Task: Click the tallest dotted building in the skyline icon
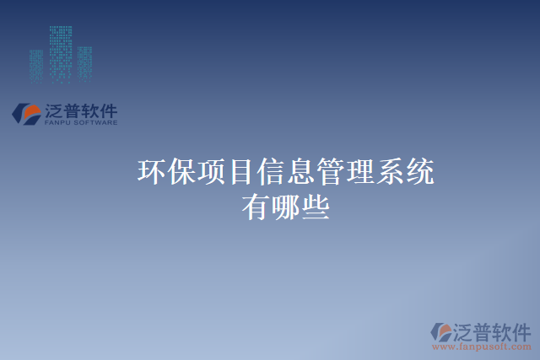pyautogui.click(x=61, y=53)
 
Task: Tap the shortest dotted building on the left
pyautogui.click(x=37, y=66)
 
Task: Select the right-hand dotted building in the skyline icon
pyautogui.click(x=84, y=63)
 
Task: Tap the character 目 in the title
pyautogui.click(x=240, y=173)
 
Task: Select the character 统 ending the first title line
pyautogui.click(x=419, y=173)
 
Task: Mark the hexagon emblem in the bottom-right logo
pyautogui.click(x=442, y=332)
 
